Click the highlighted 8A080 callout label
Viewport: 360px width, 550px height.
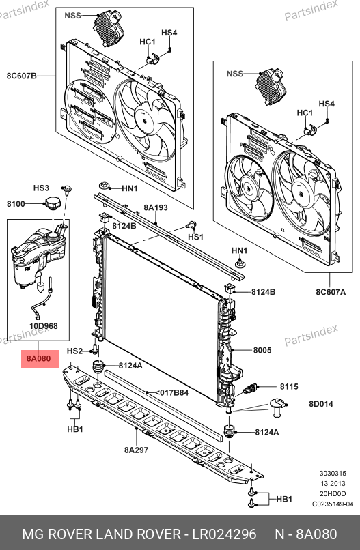40,358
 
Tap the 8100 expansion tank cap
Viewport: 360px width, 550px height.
53,203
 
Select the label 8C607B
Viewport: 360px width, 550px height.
21,76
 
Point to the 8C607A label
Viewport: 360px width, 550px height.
330,291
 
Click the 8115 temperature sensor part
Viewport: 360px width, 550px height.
251,389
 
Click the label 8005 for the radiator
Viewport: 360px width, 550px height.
262,349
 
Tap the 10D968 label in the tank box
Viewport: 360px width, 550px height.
43,326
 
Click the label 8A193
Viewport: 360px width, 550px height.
156,207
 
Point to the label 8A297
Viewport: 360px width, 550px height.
136,450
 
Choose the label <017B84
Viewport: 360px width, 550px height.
171,392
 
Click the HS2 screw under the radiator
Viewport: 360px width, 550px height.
95,349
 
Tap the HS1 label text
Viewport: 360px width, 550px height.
195,237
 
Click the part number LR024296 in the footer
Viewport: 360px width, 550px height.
224,534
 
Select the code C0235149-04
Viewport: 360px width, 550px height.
333,504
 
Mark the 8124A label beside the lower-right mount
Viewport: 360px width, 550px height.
267,432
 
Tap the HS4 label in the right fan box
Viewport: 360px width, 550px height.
327,104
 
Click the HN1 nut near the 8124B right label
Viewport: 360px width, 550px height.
240,263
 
